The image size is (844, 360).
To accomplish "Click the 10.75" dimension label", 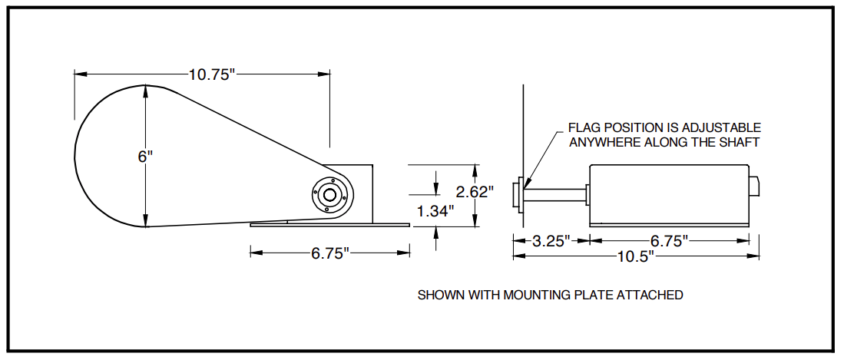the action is tap(213, 74).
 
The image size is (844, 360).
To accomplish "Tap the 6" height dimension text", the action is tap(145, 157).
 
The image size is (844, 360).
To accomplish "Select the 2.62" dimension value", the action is tap(474, 192).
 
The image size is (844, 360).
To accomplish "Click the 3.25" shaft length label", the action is tap(551, 240).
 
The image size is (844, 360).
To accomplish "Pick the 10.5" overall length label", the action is tap(636, 256).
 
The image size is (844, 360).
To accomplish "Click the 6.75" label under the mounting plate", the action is tap(330, 253).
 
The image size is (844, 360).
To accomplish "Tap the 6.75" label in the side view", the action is tap(670, 240).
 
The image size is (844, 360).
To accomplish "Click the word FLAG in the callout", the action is tap(584, 128).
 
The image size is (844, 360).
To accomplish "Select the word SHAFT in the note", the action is tap(743, 143).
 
